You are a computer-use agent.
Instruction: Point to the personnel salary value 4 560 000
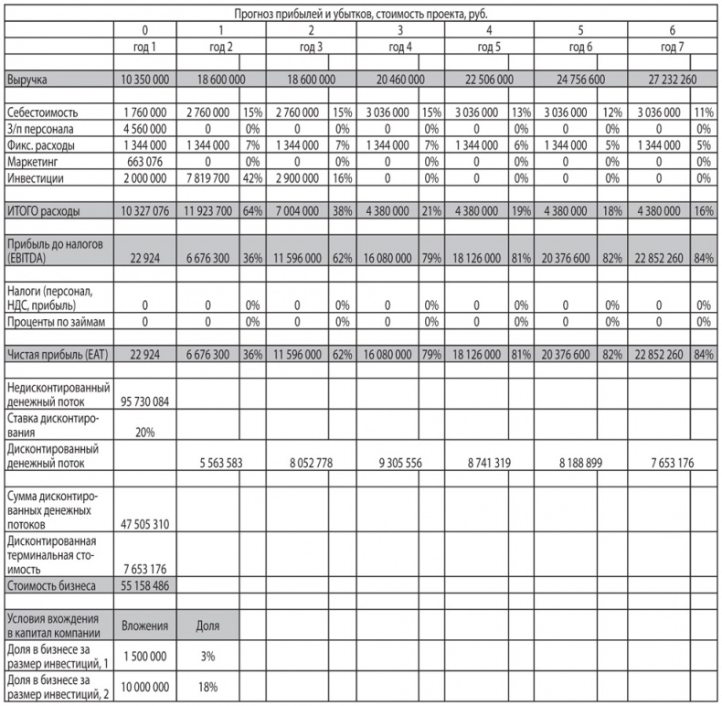(x=144, y=129)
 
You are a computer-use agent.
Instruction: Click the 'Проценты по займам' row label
(x=57, y=322)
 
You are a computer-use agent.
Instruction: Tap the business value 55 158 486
(x=144, y=583)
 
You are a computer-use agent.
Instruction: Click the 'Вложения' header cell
(x=144, y=626)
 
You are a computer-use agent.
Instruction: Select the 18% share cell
(x=208, y=687)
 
